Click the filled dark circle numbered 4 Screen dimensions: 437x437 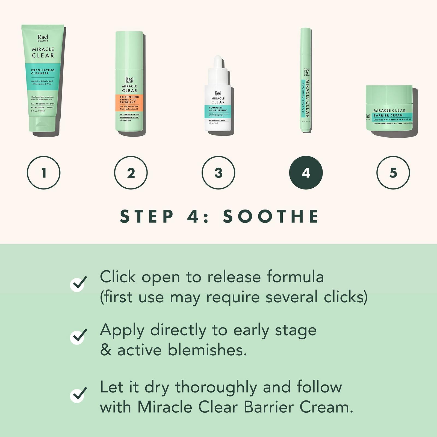coord(306,173)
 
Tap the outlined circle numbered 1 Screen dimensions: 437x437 coord(44,173)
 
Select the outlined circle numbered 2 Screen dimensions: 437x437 coord(131,173)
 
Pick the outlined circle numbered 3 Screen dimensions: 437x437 coord(218,173)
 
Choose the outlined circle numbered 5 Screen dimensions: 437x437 coord(393,173)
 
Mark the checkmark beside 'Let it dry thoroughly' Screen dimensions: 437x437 coord(78,394)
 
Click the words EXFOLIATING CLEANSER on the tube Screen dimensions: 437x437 coord(43,72)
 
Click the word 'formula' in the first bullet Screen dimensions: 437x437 coord(295,277)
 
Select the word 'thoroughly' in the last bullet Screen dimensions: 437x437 coord(216,387)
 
